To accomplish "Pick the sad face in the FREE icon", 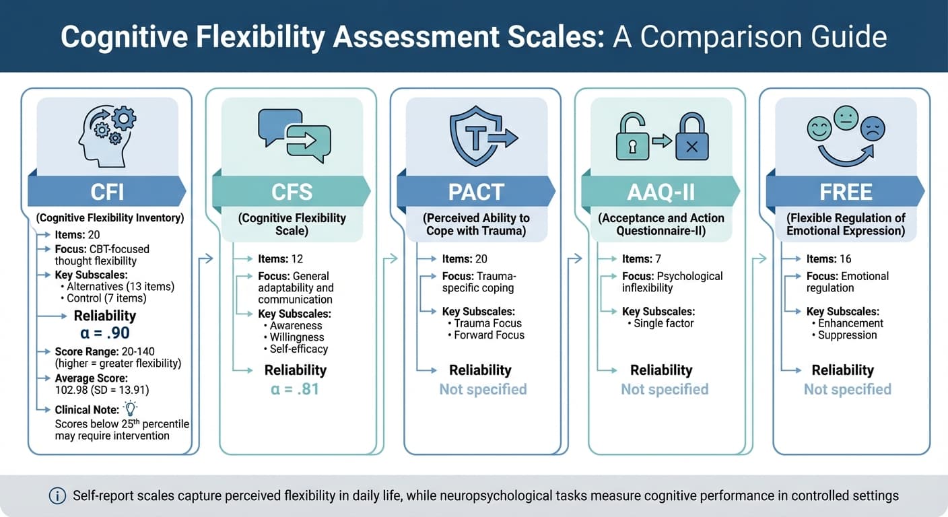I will coord(873,128).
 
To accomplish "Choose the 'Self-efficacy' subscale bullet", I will coord(298,349).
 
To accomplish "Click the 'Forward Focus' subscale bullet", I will coord(489,335).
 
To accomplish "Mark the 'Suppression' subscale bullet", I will coord(847,335).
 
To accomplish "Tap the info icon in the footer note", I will coord(57,496).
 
